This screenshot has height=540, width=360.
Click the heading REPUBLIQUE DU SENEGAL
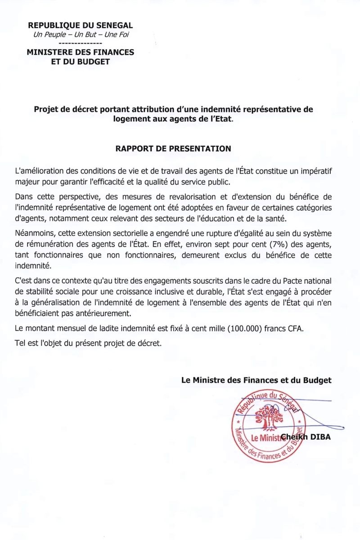pos(81,26)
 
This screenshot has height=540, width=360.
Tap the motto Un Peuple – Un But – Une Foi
pos(81,35)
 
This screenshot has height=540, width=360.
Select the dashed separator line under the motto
pos(81,43)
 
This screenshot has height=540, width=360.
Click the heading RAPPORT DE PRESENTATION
pos(173,148)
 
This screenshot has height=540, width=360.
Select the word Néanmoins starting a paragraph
pos(33,235)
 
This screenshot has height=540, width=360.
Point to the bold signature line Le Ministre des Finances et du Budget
pos(256,380)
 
